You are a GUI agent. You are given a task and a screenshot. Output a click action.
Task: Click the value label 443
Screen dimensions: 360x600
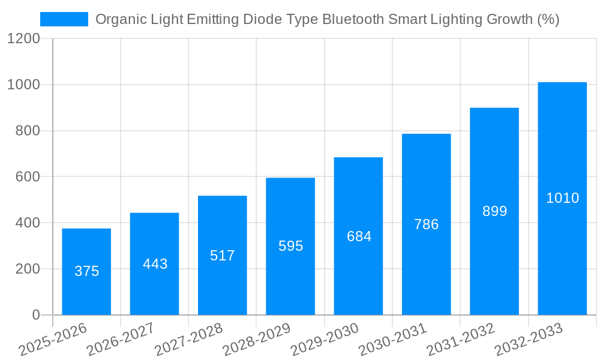coord(155,264)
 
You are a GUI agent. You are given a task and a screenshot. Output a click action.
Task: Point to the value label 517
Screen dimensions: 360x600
coord(223,256)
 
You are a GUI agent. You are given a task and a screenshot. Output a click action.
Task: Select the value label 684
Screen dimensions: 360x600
coord(359,236)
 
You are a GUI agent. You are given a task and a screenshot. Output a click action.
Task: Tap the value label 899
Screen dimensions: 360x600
coord(494,211)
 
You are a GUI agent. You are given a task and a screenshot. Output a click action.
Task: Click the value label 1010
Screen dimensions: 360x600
coord(562,198)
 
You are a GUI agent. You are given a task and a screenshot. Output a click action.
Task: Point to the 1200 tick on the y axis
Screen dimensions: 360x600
coord(23,39)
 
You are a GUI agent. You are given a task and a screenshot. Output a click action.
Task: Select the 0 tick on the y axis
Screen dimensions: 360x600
coord(36,315)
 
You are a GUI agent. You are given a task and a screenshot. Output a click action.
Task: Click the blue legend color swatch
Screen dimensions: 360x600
coord(64,19)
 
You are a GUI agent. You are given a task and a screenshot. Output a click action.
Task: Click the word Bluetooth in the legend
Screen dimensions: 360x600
coord(351,19)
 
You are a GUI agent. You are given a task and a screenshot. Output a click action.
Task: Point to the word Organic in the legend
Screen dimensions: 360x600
coord(118,19)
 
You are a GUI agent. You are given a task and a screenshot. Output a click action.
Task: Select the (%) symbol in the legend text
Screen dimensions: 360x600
coord(547,19)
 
